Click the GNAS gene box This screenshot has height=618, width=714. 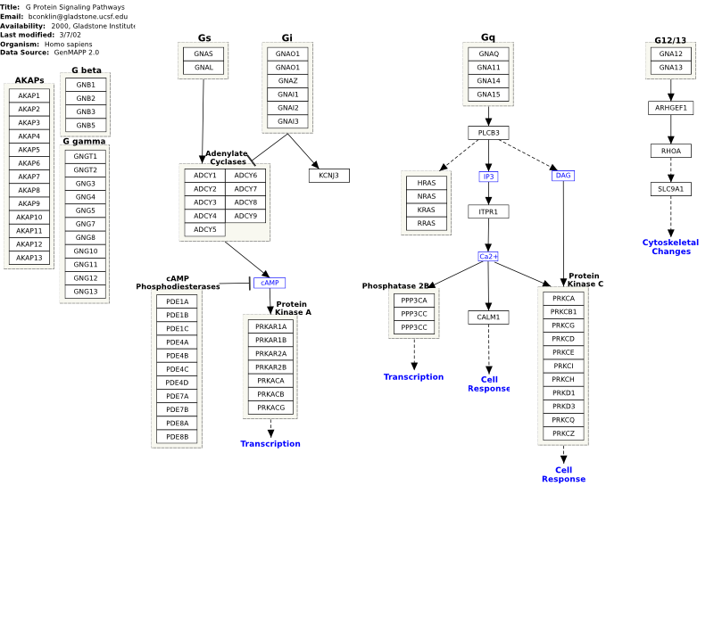[x=203, y=54]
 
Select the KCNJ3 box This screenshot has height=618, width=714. [x=329, y=176]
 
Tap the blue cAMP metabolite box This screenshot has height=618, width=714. [x=270, y=283]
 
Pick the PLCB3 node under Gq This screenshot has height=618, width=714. [x=488, y=133]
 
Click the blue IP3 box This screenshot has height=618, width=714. [x=488, y=177]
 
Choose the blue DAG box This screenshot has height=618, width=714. [x=563, y=176]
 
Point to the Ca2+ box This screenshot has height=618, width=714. [x=488, y=257]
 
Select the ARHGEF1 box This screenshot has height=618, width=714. [x=671, y=108]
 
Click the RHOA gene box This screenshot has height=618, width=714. [x=671, y=151]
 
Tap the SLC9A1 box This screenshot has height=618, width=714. [x=671, y=189]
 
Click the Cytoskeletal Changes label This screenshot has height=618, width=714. [x=671, y=247]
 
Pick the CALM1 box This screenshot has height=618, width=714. [x=488, y=317]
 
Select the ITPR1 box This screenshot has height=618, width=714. [x=488, y=211]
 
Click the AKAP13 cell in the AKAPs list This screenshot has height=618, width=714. [x=29, y=258]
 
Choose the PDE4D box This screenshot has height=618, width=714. [x=177, y=383]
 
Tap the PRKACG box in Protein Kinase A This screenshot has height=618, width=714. [x=271, y=408]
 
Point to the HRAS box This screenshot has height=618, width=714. [x=427, y=183]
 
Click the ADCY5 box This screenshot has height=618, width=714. [x=205, y=230]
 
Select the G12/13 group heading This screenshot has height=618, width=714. [x=670, y=40]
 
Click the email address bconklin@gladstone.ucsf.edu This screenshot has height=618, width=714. [x=78, y=16]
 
